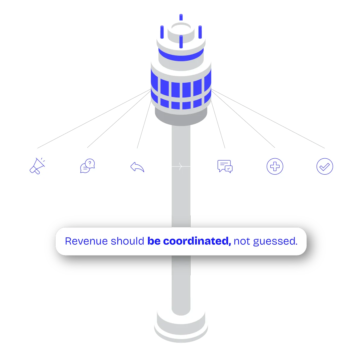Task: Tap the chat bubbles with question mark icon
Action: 87,166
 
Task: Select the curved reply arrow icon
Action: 137,167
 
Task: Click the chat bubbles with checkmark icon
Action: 225,167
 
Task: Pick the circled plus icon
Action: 275,167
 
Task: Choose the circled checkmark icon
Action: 325,167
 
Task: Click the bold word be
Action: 154,241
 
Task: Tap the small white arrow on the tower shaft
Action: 181,166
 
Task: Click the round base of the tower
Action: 181,327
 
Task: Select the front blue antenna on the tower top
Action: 181,42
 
